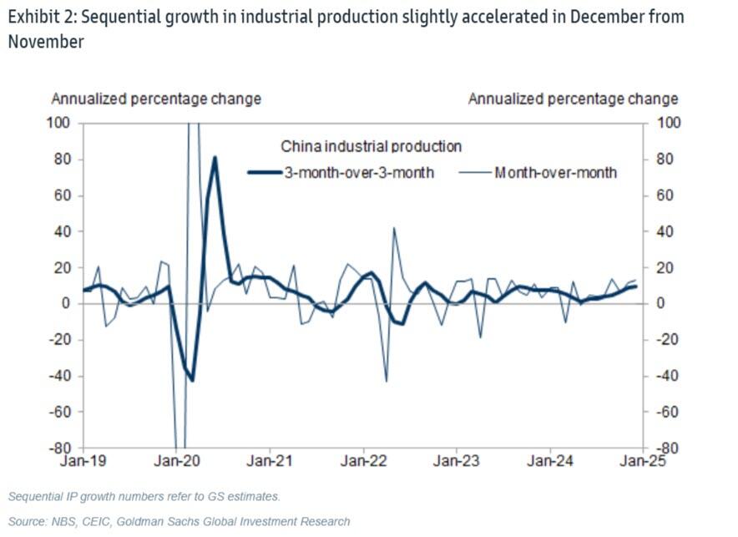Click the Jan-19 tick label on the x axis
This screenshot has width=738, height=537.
pyautogui.click(x=83, y=459)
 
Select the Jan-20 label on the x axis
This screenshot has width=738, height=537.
pyautogui.click(x=177, y=459)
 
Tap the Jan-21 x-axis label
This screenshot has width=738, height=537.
pyautogui.click(x=270, y=459)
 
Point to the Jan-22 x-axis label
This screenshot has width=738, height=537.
pyautogui.click(x=364, y=459)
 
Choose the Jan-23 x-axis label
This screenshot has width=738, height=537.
pyautogui.click(x=457, y=459)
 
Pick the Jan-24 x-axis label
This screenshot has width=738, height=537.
pyautogui.click(x=551, y=459)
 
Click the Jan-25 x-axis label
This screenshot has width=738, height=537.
pyautogui.click(x=641, y=459)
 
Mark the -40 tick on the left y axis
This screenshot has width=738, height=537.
pyautogui.click(x=59, y=376)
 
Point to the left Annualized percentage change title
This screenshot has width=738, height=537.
pyautogui.click(x=156, y=99)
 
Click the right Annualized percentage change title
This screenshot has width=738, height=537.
pyautogui.click(x=573, y=99)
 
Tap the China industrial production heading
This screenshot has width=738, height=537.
pyautogui.click(x=371, y=147)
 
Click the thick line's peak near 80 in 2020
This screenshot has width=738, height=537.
pyautogui.click(x=215, y=157)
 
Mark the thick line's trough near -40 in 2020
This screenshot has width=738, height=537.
pyautogui.click(x=192, y=379)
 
